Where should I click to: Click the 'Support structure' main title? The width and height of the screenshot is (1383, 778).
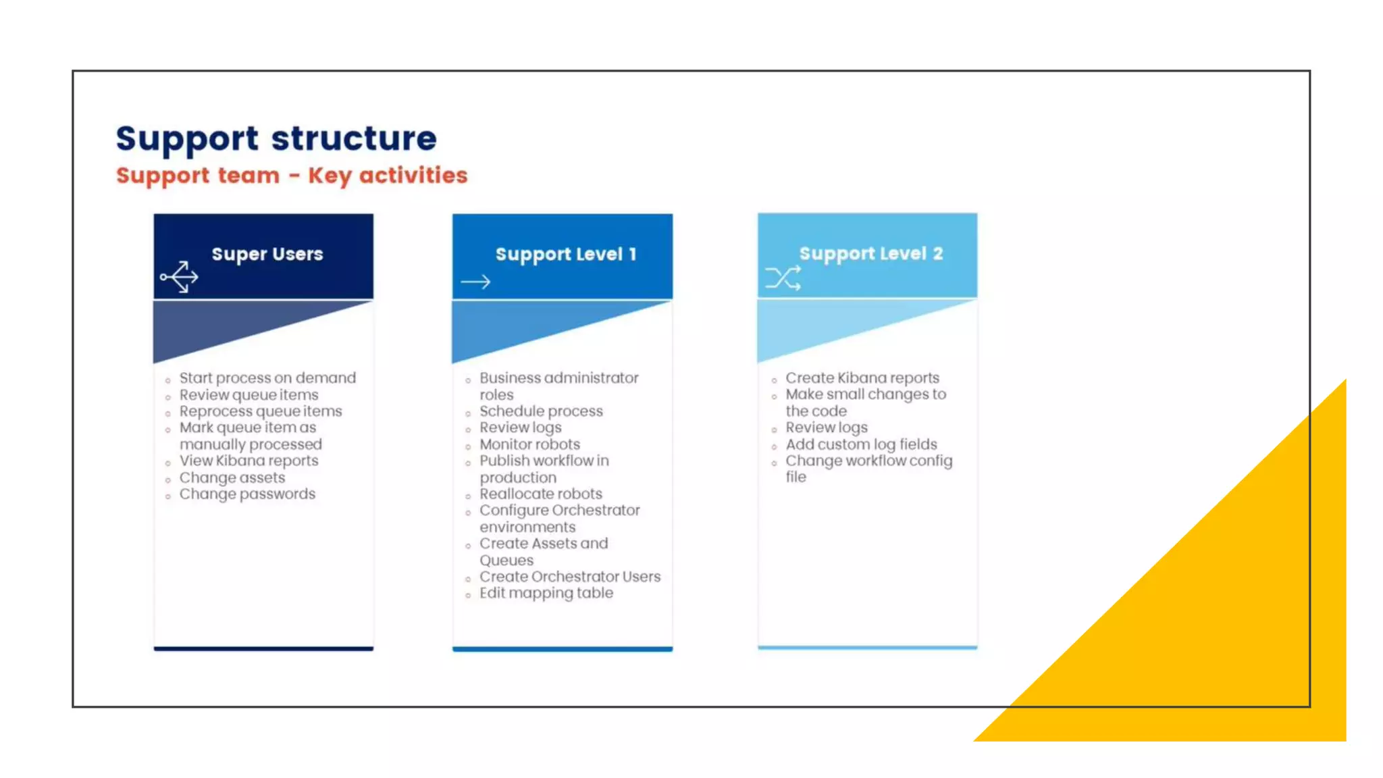tap(276, 138)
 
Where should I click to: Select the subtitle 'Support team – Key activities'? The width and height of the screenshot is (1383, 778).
tap(291, 176)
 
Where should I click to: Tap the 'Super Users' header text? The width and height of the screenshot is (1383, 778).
tap(267, 254)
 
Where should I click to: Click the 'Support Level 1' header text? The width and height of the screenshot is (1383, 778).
tap(566, 255)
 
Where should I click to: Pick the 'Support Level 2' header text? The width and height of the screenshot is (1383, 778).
tap(870, 254)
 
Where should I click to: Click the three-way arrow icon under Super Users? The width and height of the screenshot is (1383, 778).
tap(180, 277)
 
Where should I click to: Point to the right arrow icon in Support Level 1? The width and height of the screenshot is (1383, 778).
tap(475, 282)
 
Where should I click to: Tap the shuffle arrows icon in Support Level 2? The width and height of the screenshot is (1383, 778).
tap(783, 278)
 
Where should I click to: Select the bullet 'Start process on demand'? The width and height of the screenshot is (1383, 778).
tap(267, 378)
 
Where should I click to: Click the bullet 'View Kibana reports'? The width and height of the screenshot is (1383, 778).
tap(249, 461)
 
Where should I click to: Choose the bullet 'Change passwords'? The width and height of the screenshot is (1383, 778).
tap(247, 494)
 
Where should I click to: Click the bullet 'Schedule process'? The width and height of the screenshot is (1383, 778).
tap(541, 411)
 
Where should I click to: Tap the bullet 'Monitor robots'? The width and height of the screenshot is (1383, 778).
tap(529, 444)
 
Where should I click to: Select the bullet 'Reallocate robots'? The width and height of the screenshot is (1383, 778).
tap(540, 494)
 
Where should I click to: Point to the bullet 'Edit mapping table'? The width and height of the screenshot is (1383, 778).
tap(546, 593)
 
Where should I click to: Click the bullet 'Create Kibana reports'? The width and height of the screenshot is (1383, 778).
tap(862, 378)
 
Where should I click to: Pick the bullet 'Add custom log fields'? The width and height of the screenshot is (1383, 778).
tap(861, 444)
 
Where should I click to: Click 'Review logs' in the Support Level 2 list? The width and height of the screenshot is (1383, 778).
tap(827, 427)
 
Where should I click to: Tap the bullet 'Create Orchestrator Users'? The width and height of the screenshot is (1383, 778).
tap(570, 577)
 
